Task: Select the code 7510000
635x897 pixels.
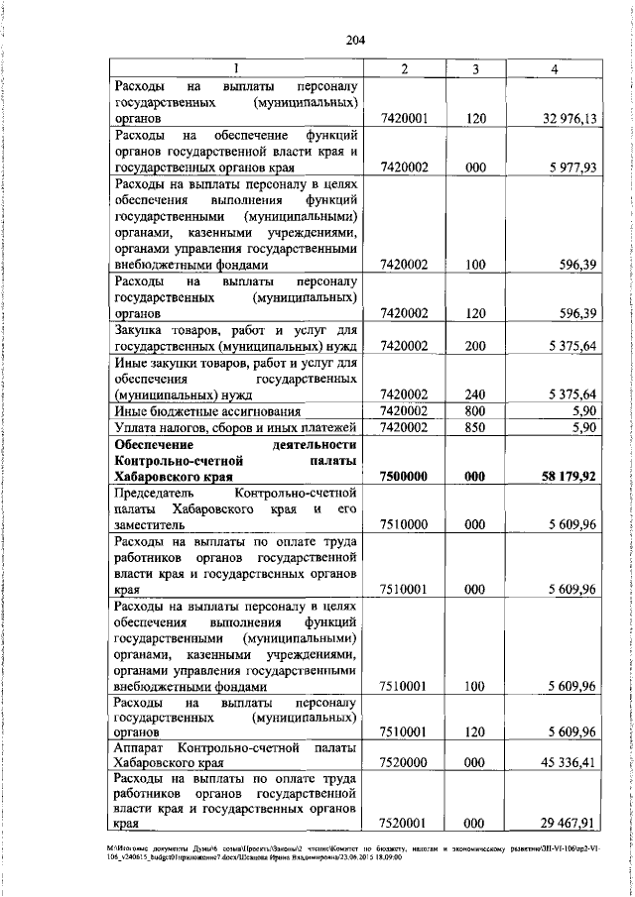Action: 404,524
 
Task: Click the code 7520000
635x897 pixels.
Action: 404,763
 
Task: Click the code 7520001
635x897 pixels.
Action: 404,823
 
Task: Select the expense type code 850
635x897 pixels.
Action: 476,427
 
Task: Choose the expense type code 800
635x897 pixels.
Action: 476,410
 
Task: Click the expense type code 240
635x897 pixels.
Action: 476,393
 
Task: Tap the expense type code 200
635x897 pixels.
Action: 476,346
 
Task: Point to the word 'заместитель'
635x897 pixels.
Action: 147,525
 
